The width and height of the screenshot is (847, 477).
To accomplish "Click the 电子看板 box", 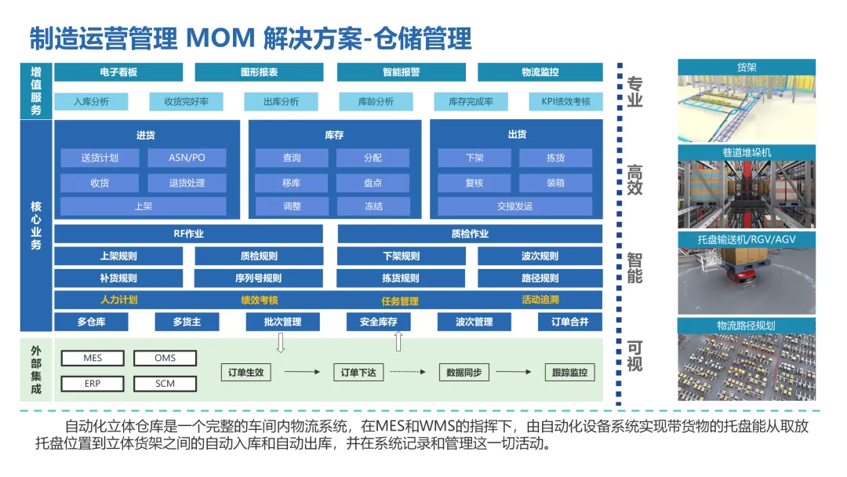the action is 118,72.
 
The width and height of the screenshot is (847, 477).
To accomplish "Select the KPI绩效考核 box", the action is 565,101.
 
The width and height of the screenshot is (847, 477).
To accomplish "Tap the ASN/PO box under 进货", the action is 187,158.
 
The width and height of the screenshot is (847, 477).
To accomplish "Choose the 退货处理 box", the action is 187,183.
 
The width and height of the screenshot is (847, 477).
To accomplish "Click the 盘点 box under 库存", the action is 373,183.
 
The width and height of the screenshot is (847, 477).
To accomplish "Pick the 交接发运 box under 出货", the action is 514,206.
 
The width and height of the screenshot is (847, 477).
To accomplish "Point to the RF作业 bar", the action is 188,234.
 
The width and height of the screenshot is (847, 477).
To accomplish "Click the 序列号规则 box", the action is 258,279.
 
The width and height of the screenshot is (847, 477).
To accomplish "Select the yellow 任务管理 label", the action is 400,301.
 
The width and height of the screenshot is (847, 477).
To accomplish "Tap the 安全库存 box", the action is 378,322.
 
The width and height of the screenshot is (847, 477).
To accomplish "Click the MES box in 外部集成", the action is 93,359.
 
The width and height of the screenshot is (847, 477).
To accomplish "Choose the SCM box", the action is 165,384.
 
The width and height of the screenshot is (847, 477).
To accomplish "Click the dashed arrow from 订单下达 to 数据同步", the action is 408,372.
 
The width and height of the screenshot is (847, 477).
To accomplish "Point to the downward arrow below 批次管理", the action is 280,343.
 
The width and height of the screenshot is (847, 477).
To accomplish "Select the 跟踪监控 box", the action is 569,372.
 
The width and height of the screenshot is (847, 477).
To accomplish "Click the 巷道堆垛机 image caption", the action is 747,153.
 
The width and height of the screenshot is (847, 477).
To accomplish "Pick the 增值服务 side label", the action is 36,91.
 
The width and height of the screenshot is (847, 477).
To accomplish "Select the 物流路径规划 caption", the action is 747,326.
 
